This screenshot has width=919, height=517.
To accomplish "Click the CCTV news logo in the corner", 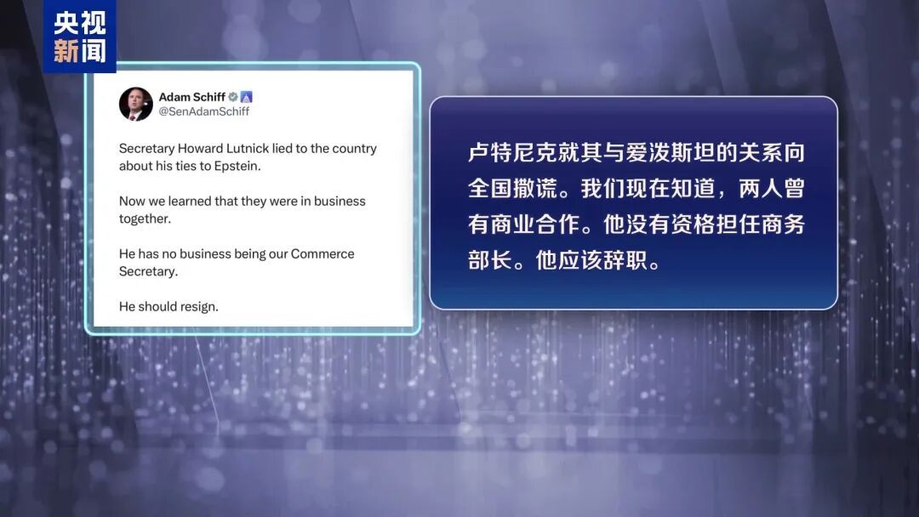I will tap(79, 36).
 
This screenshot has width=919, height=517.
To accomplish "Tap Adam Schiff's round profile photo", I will tap(135, 104).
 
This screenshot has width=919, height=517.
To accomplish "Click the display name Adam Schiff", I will tap(191, 97).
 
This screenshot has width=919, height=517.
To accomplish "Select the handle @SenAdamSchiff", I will tap(204, 111).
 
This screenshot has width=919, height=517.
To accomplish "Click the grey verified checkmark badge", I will tap(232, 97).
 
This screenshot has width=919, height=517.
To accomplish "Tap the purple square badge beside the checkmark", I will tap(247, 97).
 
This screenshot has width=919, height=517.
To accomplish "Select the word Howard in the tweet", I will tap(198, 149).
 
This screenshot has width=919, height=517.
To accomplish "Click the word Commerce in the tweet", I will tap(323, 254).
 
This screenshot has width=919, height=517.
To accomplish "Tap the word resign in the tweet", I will tap(199, 307).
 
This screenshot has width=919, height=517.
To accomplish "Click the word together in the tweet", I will tap(145, 219).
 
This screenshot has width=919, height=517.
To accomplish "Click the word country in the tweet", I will tap(354, 149).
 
